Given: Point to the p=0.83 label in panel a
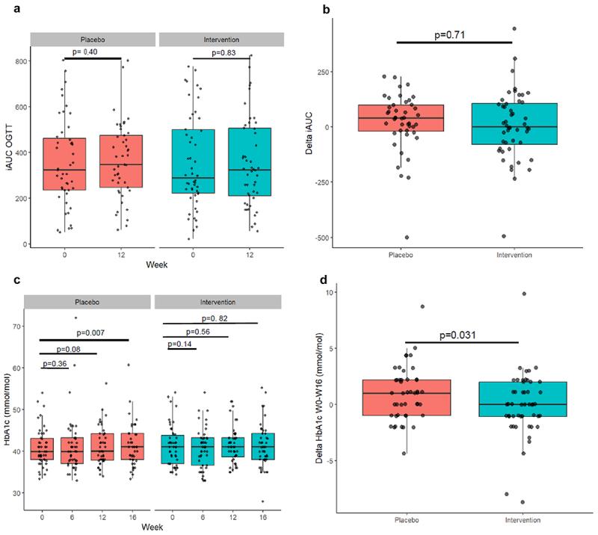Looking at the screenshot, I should click(x=224, y=52).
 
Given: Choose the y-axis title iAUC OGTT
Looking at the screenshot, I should click(x=8, y=141).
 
